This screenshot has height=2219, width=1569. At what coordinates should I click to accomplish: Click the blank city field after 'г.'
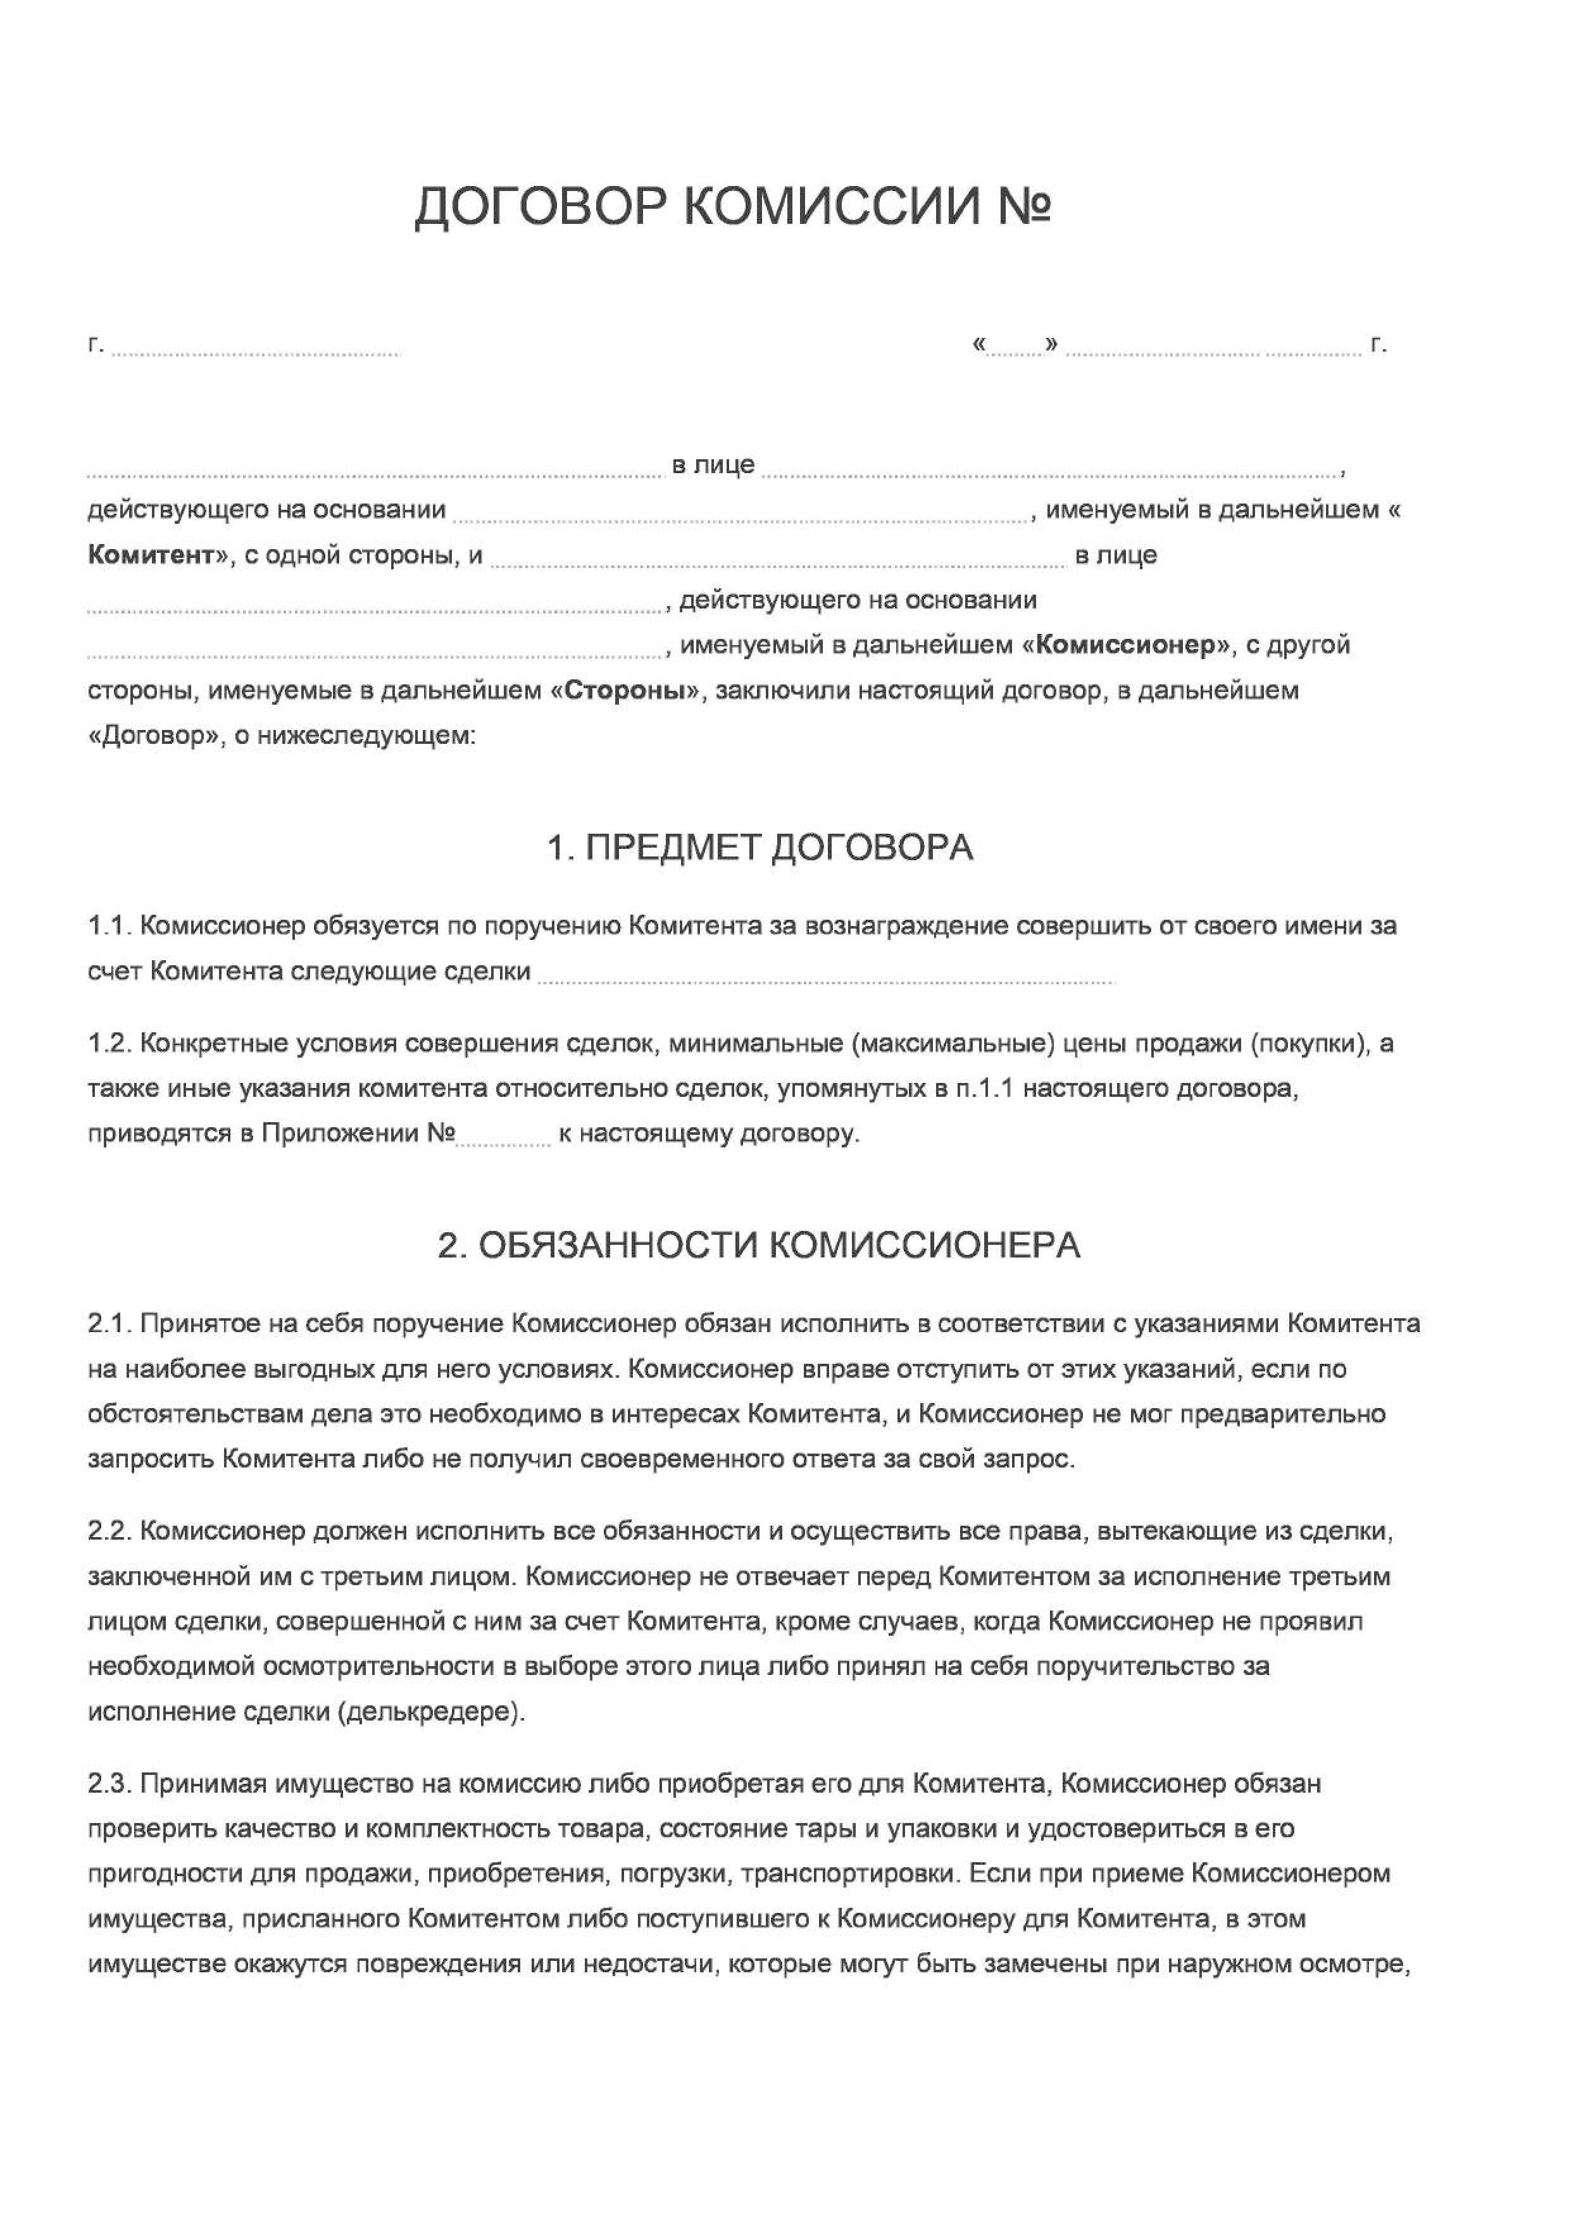click(x=256, y=350)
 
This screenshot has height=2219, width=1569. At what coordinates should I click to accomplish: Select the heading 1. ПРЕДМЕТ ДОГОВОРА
click(x=760, y=848)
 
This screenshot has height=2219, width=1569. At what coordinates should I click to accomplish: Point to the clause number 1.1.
click(x=109, y=926)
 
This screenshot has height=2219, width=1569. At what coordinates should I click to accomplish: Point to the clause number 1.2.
click(x=109, y=1044)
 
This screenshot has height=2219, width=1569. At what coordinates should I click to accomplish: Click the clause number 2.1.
click(x=109, y=1323)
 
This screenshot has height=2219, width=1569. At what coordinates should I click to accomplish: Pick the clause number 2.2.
click(x=109, y=1531)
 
